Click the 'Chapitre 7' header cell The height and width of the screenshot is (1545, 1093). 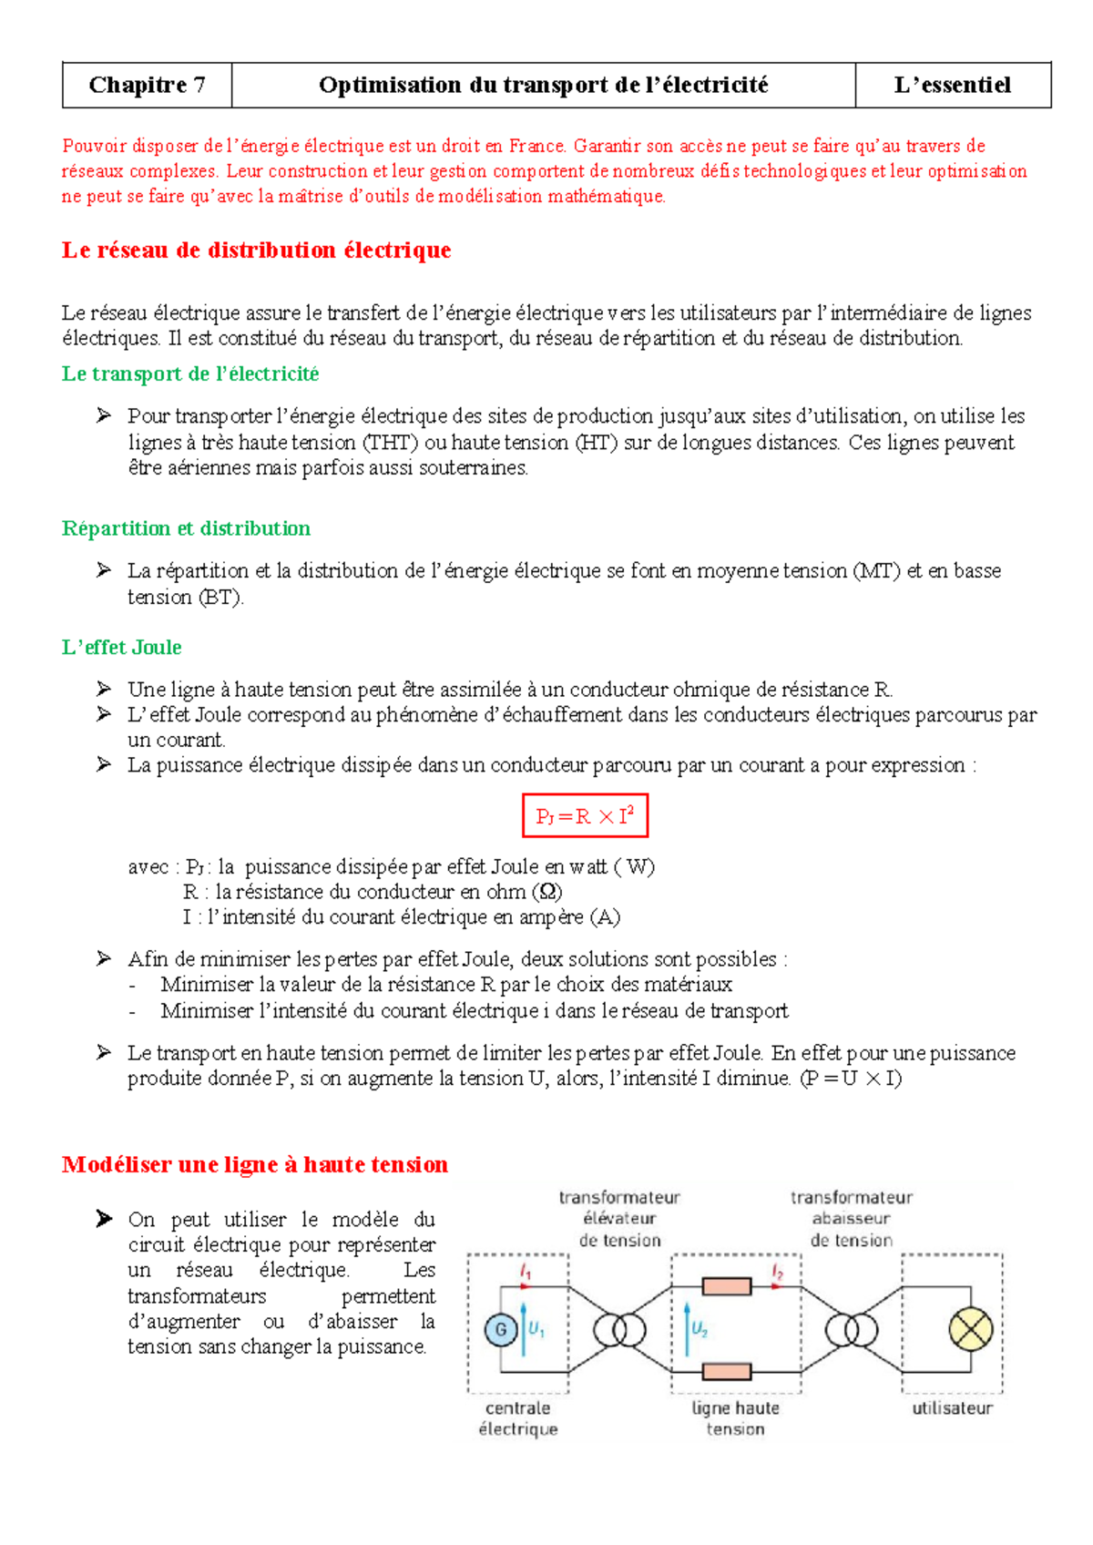[x=147, y=86]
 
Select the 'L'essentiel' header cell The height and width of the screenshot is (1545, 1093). [x=953, y=86]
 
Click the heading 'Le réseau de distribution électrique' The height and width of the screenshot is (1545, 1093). [x=256, y=251]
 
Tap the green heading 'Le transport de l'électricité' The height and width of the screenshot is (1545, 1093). [x=190, y=373]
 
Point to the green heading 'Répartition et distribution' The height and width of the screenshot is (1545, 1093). [x=186, y=528]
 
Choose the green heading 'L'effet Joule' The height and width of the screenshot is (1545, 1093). [x=121, y=648]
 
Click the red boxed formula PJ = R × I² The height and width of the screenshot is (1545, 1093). [x=585, y=816]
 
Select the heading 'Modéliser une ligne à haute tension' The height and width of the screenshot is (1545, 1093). [x=255, y=1164]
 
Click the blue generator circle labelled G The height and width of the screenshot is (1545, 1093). [x=500, y=1330]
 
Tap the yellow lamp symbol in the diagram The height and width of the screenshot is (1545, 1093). [x=971, y=1330]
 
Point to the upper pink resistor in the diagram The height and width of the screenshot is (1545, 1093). [x=727, y=1286]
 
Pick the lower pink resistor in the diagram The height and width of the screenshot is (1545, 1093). [x=727, y=1371]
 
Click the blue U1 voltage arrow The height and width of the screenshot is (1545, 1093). [x=524, y=1330]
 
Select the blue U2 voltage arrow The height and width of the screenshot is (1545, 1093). [x=686, y=1330]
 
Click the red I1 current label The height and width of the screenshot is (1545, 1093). [x=526, y=1270]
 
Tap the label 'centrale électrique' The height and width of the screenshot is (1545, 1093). [x=518, y=1418]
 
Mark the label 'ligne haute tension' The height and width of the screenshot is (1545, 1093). [x=736, y=1418]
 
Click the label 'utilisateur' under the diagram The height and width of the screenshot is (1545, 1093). [x=952, y=1408]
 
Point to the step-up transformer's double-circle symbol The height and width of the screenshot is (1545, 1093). [x=620, y=1330]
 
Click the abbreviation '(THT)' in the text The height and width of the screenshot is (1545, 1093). [x=391, y=443]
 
